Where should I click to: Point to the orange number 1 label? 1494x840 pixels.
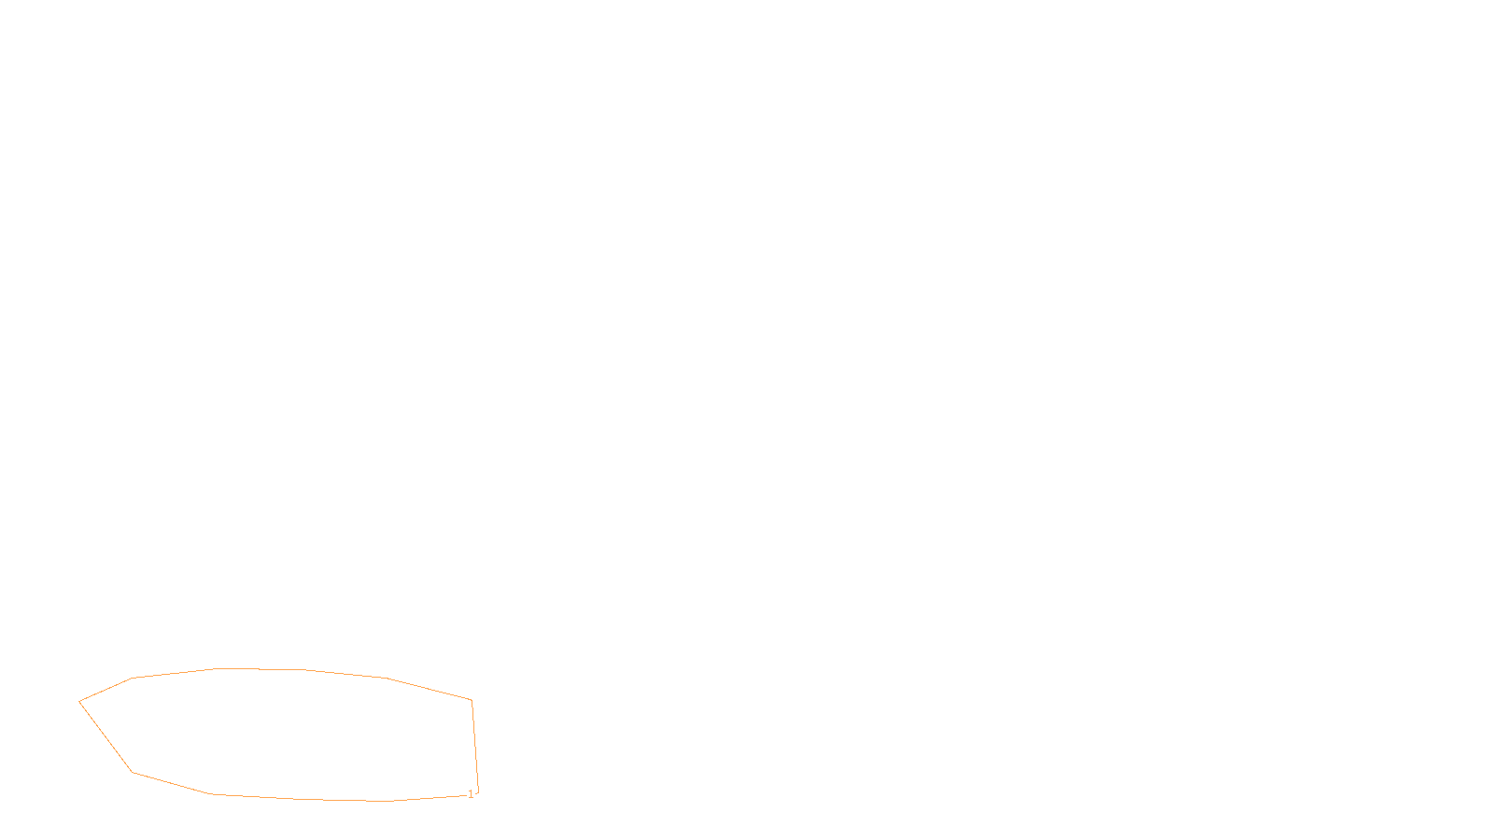click(x=471, y=794)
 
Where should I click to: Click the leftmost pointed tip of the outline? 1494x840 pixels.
click(x=79, y=701)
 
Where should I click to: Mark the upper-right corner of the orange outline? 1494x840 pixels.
click(x=472, y=700)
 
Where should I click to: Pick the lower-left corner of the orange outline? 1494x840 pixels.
click(x=134, y=772)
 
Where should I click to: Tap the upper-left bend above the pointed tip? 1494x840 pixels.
click(x=133, y=679)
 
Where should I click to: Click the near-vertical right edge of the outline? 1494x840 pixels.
click(x=475, y=747)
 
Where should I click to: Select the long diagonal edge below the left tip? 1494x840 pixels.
click(x=106, y=736)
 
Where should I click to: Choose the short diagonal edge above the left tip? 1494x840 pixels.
click(x=106, y=690)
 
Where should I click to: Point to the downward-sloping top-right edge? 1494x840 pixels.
click(x=430, y=689)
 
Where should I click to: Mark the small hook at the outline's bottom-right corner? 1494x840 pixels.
click(x=477, y=792)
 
